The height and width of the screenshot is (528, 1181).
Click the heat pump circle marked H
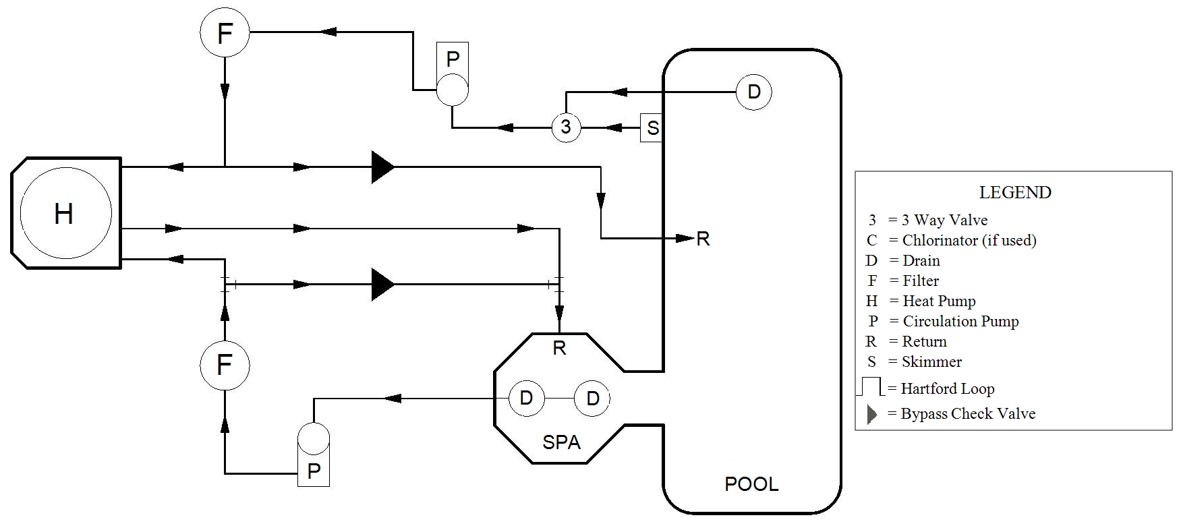tap(65, 214)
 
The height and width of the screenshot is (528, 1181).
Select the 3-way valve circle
tap(566, 127)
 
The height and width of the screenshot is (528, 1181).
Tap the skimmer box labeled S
tap(652, 127)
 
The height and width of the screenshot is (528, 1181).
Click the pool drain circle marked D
tap(753, 92)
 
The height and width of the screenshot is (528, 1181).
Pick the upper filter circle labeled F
tap(225, 32)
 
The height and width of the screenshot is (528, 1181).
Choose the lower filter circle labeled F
tap(225, 365)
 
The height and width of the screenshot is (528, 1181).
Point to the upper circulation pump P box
tap(453, 59)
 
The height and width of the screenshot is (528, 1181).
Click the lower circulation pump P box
tap(314, 470)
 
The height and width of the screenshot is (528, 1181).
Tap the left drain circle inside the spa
tap(525, 399)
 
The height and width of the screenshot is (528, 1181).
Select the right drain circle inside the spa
tap(592, 399)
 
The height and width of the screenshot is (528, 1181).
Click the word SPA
tap(561, 442)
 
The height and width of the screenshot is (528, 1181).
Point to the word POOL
tap(751, 483)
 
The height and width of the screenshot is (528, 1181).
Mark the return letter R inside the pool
tap(703, 239)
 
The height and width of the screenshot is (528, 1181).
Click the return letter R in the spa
tap(559, 348)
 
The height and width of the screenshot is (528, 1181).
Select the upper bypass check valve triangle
tap(382, 167)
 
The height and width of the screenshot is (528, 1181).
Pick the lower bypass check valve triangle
tap(382, 285)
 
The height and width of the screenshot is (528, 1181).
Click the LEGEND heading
tap(1014, 192)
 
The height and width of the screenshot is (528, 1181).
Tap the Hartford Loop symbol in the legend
tap(871, 387)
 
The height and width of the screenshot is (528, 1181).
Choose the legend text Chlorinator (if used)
tap(969, 240)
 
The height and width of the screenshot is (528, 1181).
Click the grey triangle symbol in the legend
tap(871, 414)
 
